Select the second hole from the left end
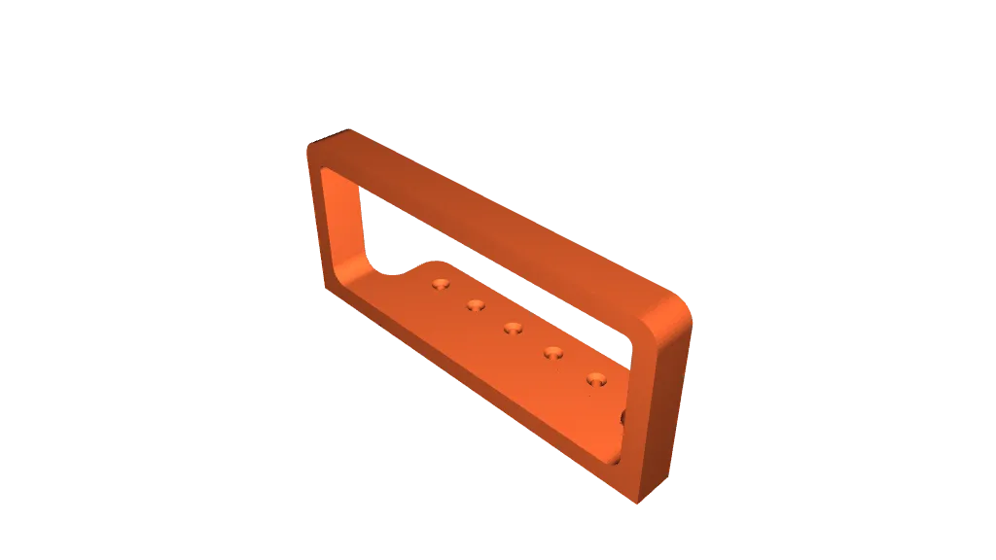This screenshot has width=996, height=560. click(476, 305)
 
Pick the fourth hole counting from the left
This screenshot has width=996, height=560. click(553, 352)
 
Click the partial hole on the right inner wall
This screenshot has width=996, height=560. click(623, 419)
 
